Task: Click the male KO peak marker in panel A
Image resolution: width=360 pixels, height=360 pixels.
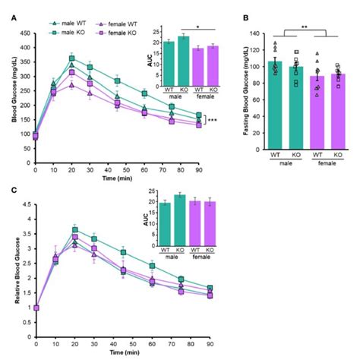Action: tap(72, 58)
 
